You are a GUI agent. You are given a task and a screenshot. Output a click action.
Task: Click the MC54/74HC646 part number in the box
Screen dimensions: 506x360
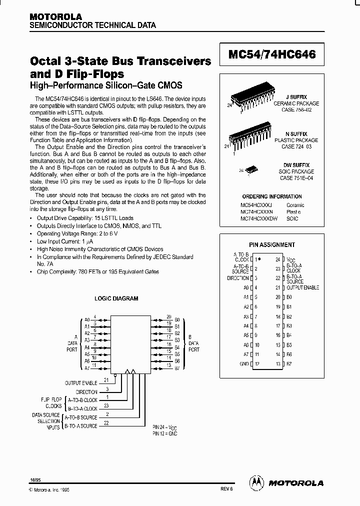pos(272,55)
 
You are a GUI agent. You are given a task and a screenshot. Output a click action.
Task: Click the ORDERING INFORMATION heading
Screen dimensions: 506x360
pos(272,196)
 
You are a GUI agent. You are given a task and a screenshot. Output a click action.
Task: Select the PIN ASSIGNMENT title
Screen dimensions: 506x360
pos(272,245)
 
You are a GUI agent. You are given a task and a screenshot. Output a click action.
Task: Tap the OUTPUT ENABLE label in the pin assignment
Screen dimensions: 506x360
pos(302,287)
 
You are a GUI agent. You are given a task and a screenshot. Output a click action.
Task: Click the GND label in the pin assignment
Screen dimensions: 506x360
pos(244,363)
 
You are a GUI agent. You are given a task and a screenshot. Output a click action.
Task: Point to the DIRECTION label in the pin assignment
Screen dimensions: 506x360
pos(237,278)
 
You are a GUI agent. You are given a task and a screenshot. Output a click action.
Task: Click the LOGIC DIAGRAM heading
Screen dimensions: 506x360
pos(116,298)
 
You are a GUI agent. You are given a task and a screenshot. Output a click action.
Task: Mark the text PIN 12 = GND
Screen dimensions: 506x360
pos(165,433)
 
